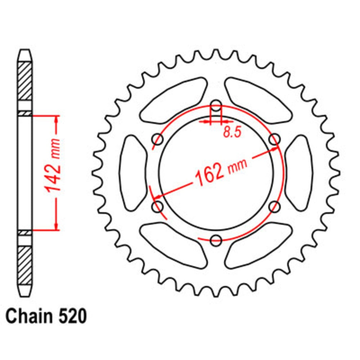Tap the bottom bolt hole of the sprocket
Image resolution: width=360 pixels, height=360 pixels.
(216, 240)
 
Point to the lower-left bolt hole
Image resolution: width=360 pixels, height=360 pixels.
(158, 207)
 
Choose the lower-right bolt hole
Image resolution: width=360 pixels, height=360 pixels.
(275, 207)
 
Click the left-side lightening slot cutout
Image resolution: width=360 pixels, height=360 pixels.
(133, 173)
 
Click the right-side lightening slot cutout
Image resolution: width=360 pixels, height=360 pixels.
(299, 173)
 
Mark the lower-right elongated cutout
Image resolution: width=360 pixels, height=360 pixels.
(259, 246)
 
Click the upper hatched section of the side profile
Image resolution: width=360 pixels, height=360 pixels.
(25, 81)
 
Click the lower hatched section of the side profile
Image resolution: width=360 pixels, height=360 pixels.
(25, 265)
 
